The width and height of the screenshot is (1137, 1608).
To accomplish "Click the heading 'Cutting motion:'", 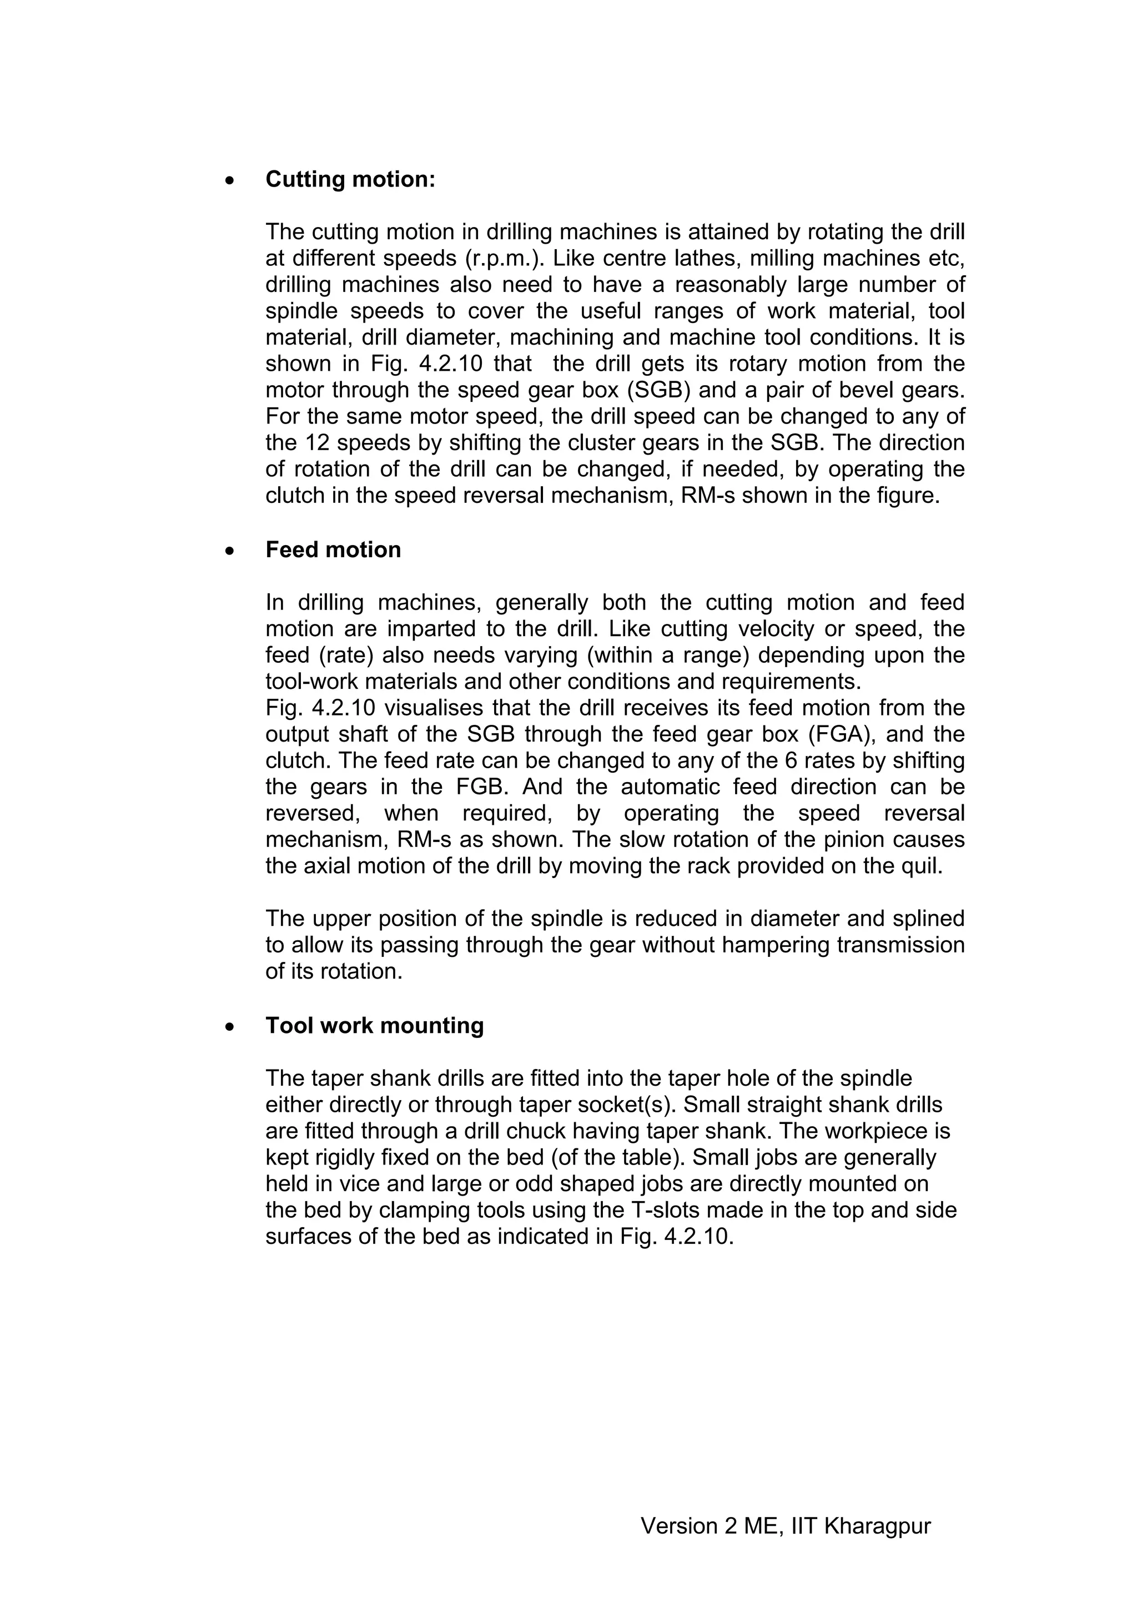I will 350,180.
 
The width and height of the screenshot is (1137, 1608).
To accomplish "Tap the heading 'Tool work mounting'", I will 374,1026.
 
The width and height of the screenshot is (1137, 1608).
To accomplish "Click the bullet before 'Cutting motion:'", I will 230,181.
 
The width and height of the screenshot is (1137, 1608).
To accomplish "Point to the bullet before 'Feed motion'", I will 230,551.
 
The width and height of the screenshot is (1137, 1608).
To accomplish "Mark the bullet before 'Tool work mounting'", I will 230,1027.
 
